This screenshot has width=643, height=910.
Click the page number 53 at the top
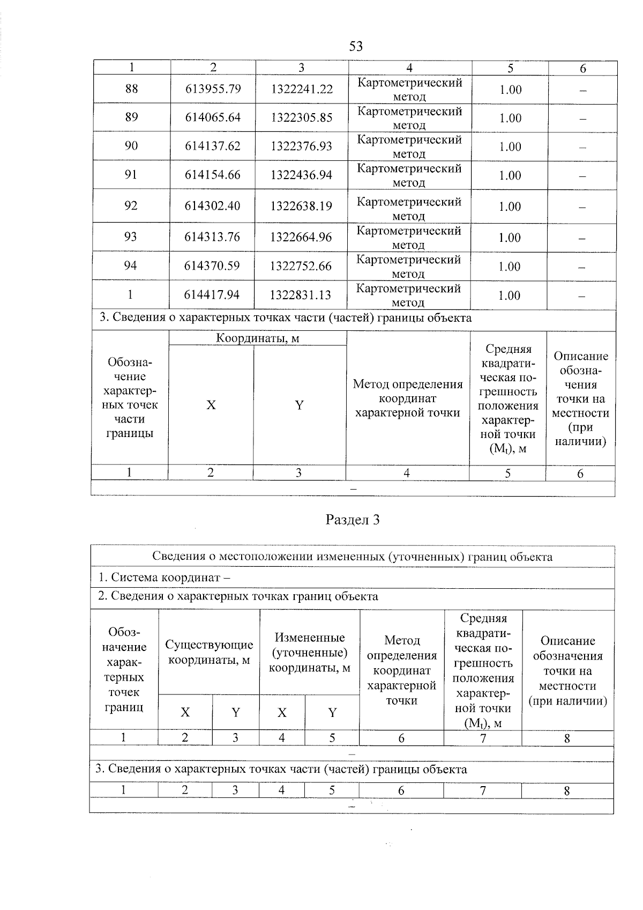[356, 46]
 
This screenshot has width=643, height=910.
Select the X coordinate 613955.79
[213, 89]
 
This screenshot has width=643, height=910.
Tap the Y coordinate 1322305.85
[301, 117]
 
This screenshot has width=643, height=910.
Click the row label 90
[131, 146]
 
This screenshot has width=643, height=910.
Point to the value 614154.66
[213, 175]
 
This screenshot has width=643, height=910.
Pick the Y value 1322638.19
[301, 206]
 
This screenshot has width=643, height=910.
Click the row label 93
[130, 237]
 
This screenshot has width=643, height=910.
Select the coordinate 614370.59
[212, 266]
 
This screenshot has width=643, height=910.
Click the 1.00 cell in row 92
[510, 206]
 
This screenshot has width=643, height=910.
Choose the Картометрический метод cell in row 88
[409, 90]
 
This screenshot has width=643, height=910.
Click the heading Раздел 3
[353, 520]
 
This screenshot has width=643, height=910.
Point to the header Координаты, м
[257, 338]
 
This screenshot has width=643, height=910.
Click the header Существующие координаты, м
[209, 652]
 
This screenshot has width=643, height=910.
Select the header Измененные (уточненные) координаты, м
[309, 653]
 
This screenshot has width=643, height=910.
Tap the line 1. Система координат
[165, 578]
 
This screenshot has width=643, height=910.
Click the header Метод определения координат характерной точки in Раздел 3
[402, 670]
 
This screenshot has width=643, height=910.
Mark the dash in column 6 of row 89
[583, 119]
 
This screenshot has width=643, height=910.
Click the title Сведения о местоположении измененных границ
[352, 557]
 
